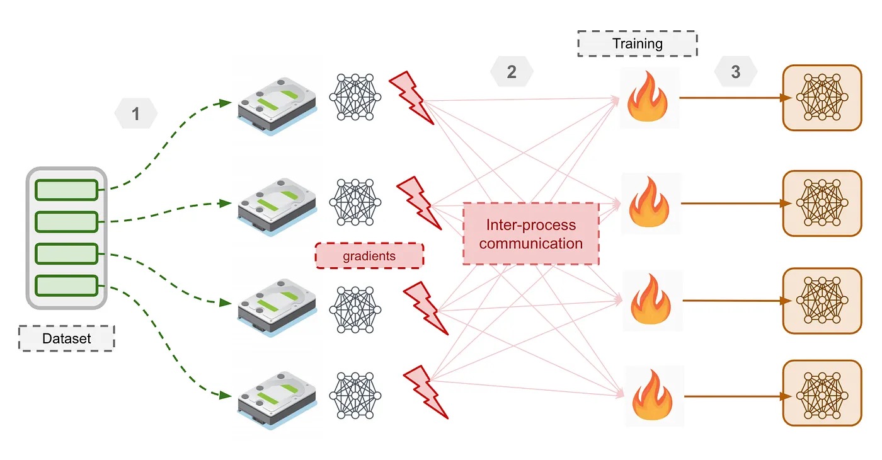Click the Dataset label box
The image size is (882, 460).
click(x=66, y=338)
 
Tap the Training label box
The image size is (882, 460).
click(x=638, y=43)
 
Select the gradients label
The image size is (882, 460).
click(x=369, y=256)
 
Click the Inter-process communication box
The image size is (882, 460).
click(x=530, y=234)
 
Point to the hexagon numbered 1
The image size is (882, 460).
click(x=135, y=114)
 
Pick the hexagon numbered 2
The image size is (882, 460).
click(x=512, y=72)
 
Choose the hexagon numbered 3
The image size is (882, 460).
click(x=736, y=72)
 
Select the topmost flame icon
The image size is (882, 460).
click(x=650, y=98)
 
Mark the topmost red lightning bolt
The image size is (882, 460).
click(x=411, y=97)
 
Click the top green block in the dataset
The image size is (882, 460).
click(x=66, y=190)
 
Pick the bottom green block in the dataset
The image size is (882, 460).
click(x=66, y=285)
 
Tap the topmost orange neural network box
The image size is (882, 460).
click(x=822, y=98)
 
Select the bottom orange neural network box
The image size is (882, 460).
click(x=822, y=393)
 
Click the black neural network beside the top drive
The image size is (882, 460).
click(x=355, y=97)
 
